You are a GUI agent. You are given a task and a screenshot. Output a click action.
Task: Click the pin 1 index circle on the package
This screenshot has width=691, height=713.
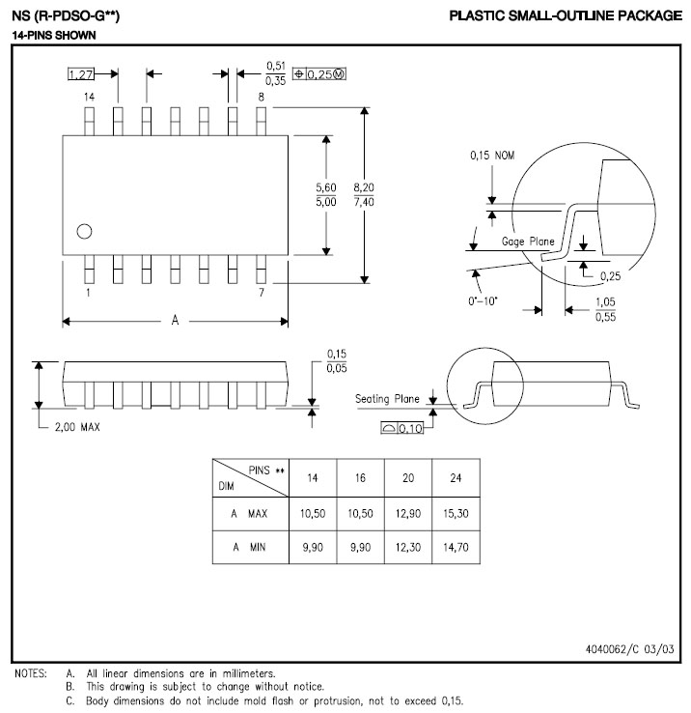click(x=85, y=232)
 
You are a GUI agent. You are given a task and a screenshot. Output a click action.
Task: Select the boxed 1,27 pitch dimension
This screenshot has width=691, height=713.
click(x=81, y=73)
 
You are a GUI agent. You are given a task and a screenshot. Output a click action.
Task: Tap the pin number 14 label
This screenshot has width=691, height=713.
click(x=89, y=97)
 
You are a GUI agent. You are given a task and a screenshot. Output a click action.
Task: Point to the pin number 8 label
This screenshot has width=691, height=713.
click(x=262, y=97)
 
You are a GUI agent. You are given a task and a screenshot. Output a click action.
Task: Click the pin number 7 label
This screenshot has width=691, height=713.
click(x=262, y=293)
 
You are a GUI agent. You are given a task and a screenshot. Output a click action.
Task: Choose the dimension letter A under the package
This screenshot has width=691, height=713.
click(x=175, y=321)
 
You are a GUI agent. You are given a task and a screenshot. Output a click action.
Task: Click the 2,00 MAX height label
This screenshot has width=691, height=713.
click(x=77, y=427)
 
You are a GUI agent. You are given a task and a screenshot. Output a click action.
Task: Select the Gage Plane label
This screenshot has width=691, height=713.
click(x=528, y=241)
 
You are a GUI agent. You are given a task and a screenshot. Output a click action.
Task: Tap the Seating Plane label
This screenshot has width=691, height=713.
click(x=387, y=399)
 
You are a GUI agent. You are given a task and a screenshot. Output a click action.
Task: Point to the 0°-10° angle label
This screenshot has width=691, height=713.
click(x=483, y=301)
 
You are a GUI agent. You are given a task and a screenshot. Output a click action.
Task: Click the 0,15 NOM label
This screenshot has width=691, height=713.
click(x=492, y=156)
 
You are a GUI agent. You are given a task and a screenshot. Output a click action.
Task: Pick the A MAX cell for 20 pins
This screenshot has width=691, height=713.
click(x=408, y=513)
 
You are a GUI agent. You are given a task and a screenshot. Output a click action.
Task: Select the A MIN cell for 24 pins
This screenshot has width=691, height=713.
click(x=456, y=547)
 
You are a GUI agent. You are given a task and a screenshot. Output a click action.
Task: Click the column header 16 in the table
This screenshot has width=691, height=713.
click(x=360, y=478)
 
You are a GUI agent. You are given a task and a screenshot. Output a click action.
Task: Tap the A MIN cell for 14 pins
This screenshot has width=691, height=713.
click(x=313, y=547)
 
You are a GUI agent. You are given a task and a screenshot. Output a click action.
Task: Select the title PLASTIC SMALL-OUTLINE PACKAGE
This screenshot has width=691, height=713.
click(x=566, y=15)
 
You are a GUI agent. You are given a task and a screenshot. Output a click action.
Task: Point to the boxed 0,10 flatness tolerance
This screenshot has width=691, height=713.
click(x=402, y=428)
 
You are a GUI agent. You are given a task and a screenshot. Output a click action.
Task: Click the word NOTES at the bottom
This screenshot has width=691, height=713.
click(x=31, y=673)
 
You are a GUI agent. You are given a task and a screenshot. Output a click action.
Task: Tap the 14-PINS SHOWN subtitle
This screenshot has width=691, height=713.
click(x=54, y=36)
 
